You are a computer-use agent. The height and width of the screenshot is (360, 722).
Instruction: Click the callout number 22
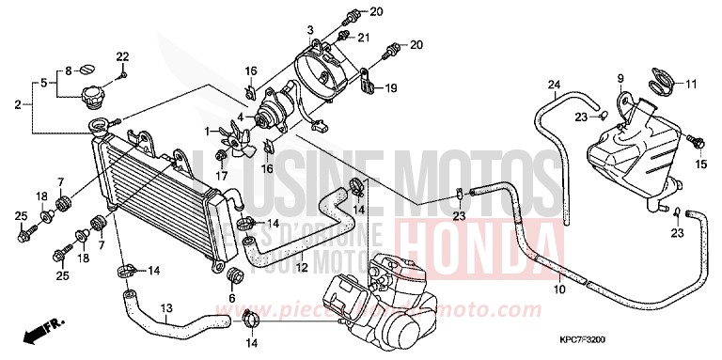point(122,56)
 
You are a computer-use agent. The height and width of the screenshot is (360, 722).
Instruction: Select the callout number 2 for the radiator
point(18,103)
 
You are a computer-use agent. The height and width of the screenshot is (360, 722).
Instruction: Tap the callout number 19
point(391,88)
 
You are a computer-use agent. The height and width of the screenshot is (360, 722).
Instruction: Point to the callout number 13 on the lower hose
point(166,307)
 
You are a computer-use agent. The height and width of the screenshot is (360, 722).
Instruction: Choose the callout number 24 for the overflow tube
point(555,86)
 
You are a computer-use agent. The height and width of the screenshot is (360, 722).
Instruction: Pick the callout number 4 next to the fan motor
point(240,117)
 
